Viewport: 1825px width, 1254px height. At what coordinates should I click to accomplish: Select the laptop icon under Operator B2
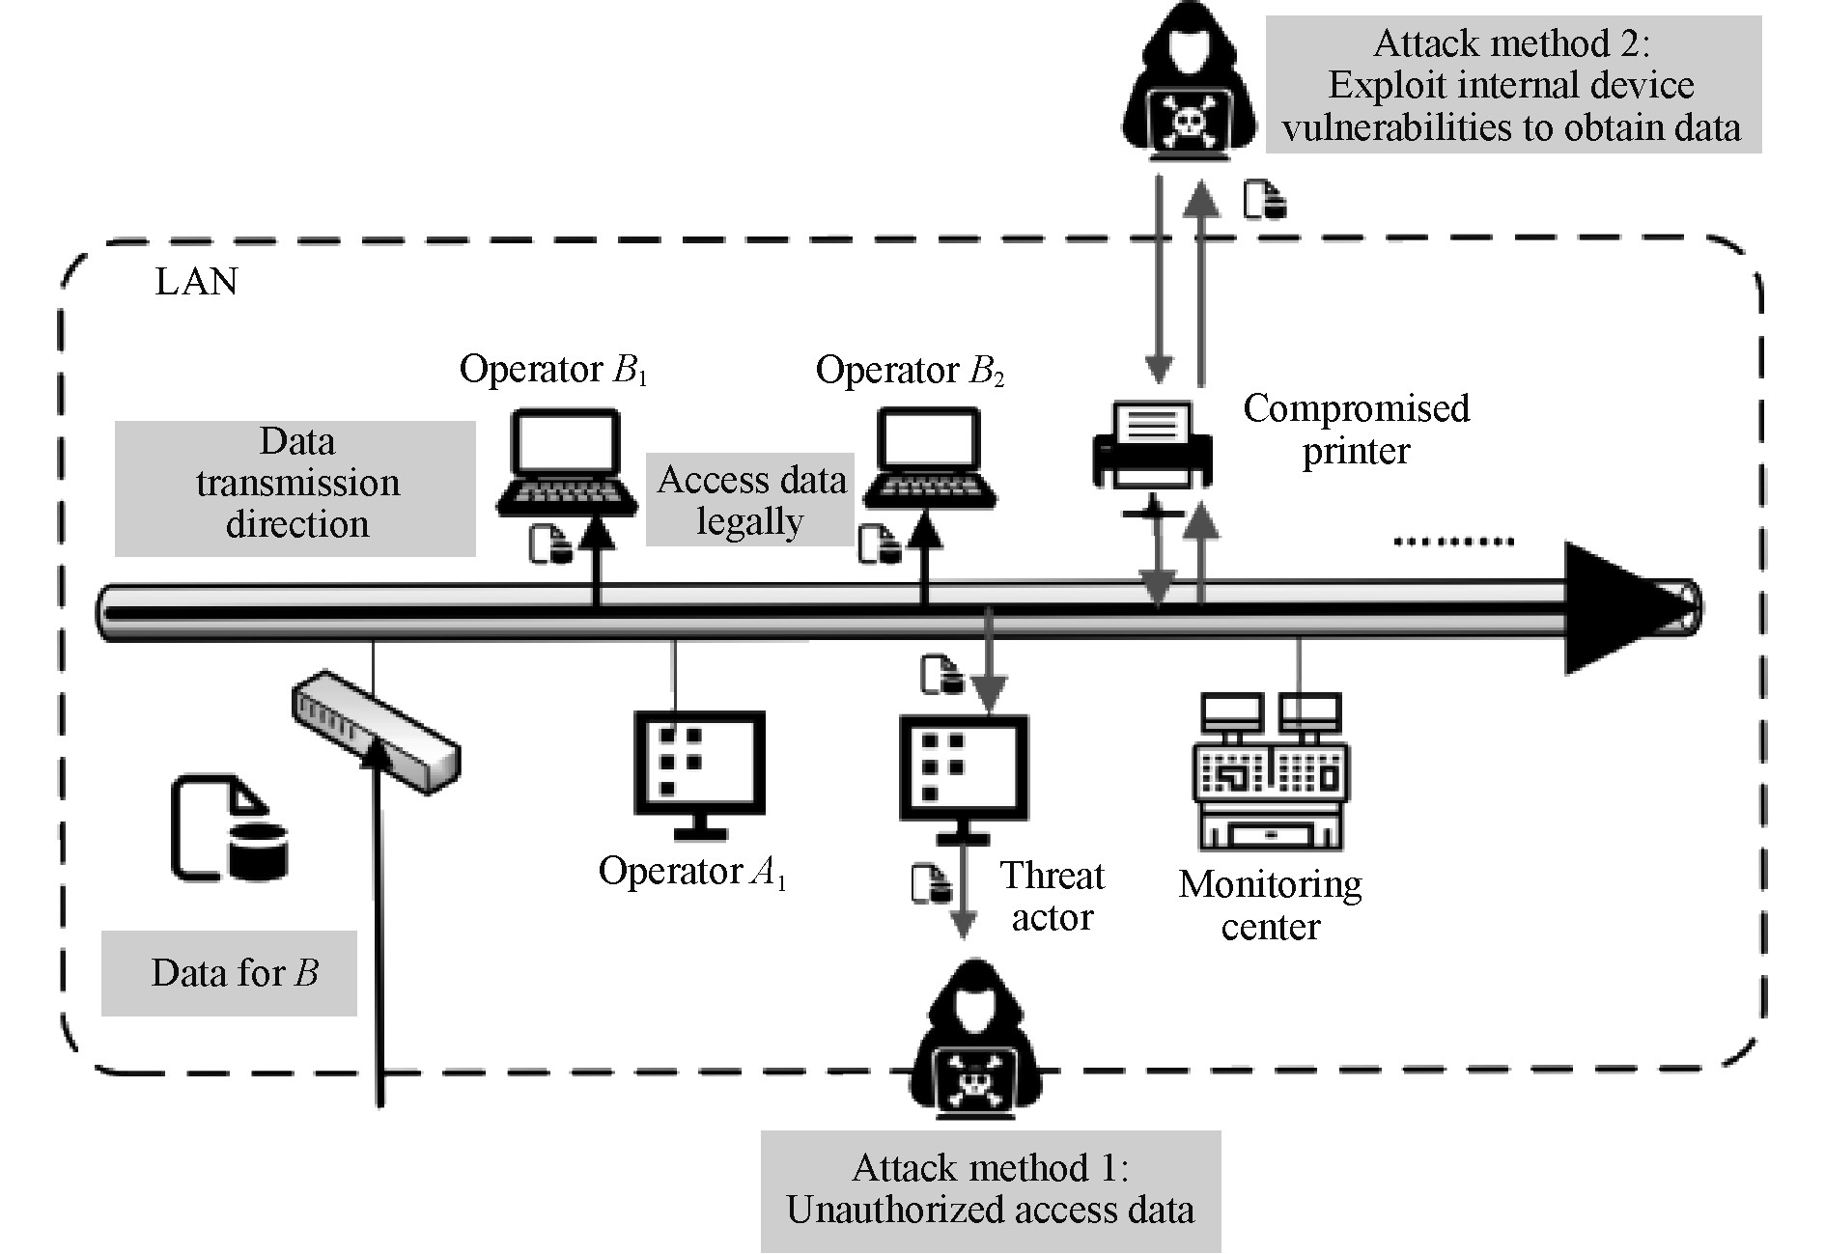[930, 458]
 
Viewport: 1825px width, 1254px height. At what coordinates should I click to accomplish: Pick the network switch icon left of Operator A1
[377, 731]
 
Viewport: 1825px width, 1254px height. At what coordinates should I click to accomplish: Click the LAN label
[196, 282]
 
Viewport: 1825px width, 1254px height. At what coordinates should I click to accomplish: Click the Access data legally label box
[750, 500]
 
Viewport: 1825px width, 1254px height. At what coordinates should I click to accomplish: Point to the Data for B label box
[230, 973]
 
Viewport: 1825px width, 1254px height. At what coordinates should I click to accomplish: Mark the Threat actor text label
[1052, 896]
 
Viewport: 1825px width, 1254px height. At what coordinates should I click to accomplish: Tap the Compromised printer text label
[1356, 429]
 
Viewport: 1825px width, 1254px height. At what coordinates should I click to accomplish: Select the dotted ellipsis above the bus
[1453, 542]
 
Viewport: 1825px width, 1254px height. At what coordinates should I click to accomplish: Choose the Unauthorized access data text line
[990, 1211]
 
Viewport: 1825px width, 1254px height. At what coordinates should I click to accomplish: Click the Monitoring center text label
[1270, 906]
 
